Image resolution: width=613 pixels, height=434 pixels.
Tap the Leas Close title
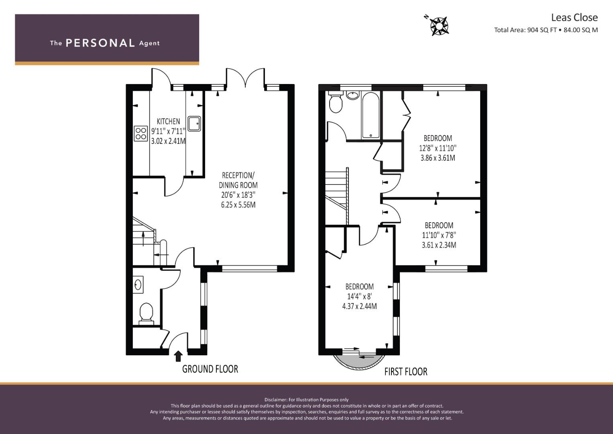click(574, 18)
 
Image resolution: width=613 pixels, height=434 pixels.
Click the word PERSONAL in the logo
click(100, 43)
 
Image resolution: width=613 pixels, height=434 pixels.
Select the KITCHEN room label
click(168, 121)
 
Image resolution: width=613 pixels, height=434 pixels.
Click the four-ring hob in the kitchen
click(141, 133)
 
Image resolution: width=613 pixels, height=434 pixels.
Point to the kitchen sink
click(194, 124)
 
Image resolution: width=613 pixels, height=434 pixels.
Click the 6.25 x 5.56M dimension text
click(238, 205)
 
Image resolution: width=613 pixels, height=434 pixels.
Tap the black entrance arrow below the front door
click(178, 356)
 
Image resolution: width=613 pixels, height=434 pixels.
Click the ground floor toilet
click(146, 314)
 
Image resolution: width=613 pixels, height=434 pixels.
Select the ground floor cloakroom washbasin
click(138, 285)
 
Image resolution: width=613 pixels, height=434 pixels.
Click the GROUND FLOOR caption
click(210, 369)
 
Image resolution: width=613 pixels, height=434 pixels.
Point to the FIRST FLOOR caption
click(406, 372)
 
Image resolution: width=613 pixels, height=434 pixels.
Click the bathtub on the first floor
click(371, 115)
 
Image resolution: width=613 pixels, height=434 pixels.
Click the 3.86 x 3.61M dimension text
click(438, 158)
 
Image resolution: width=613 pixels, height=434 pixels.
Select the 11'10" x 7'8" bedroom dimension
click(439, 235)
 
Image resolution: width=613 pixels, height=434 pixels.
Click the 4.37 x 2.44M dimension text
click(359, 306)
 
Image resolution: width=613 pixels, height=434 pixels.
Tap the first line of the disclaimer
click(307, 400)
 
